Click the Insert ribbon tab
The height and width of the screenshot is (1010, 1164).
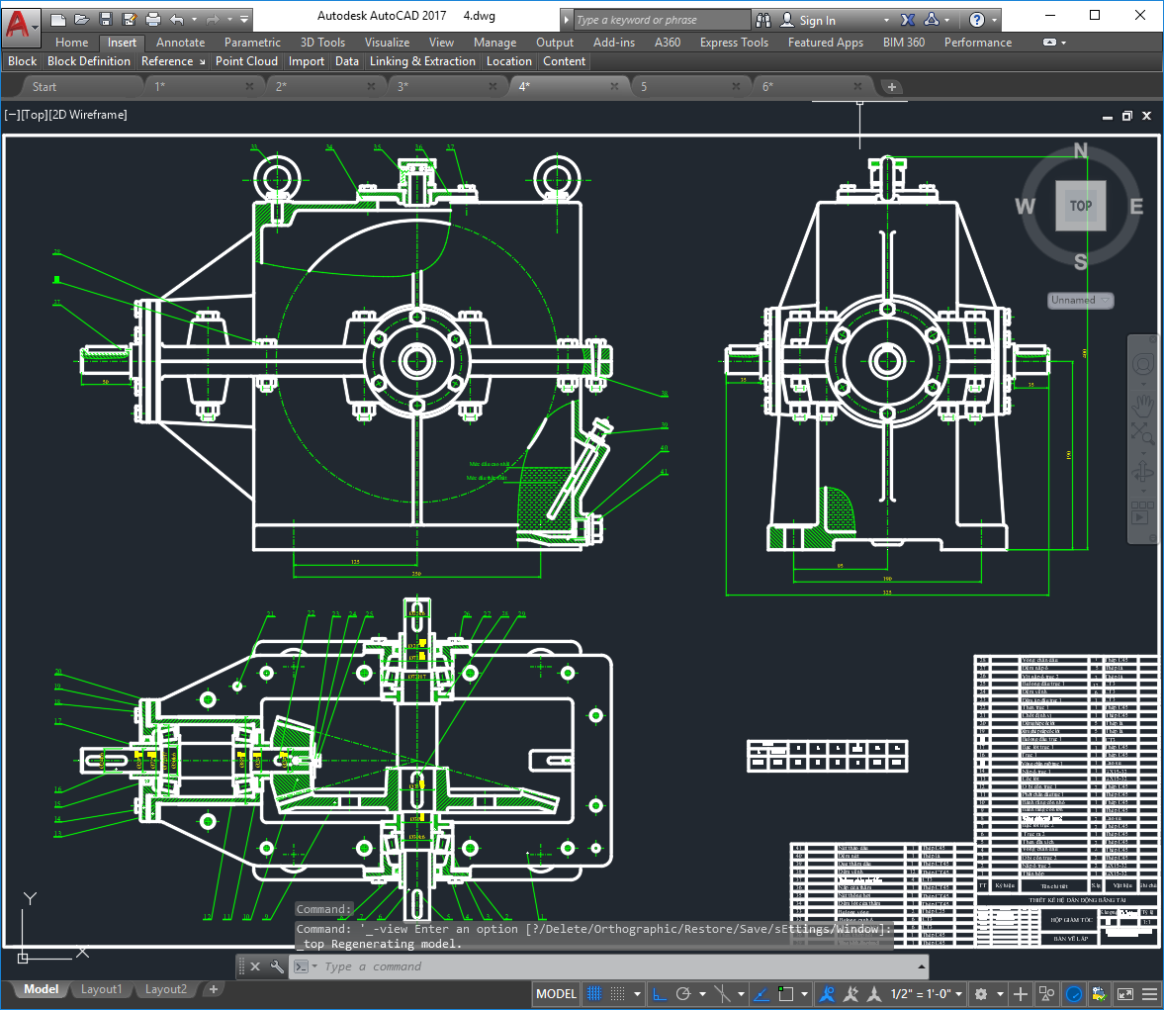point(122,43)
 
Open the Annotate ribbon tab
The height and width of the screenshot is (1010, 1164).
point(180,43)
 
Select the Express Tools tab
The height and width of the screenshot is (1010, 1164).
point(733,43)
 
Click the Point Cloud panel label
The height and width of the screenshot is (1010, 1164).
point(246,61)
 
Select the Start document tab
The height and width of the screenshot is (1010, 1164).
point(45,87)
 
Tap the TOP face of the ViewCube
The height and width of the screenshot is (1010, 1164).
point(1080,206)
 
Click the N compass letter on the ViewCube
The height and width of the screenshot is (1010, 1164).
point(1080,151)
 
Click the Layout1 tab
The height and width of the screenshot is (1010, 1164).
point(101,989)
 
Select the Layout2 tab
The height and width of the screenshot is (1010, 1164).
point(166,989)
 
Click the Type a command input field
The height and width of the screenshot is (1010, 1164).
point(613,966)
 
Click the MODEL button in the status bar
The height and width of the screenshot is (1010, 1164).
point(556,993)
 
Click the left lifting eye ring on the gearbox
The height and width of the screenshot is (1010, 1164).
point(275,179)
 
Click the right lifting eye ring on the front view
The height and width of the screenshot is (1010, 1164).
point(556,179)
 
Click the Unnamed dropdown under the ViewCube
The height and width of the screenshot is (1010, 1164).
point(1080,300)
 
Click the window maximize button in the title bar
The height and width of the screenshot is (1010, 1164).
point(1095,15)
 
